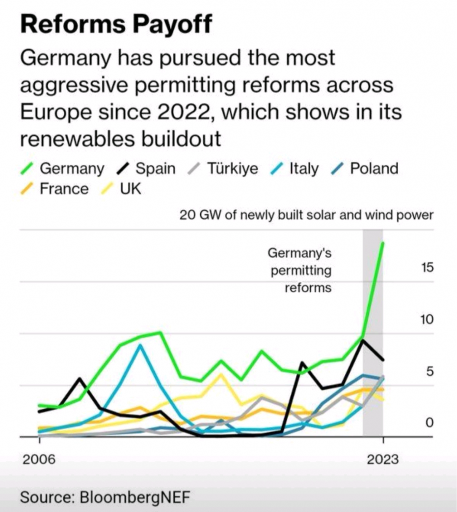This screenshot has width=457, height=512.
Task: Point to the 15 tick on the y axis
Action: (x=427, y=268)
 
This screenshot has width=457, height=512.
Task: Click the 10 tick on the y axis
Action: (x=427, y=320)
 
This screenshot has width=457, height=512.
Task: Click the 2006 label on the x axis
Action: (x=38, y=459)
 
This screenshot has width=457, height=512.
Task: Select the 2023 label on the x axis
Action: (x=383, y=459)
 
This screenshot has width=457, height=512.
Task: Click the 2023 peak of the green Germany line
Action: (x=383, y=243)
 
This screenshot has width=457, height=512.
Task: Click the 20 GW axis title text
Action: (x=306, y=216)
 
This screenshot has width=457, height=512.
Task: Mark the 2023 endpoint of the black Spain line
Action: (x=383, y=359)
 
